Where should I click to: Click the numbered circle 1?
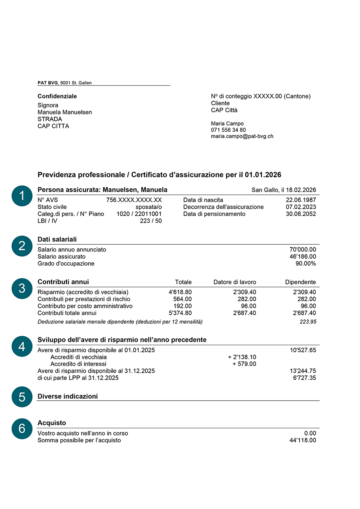tap(22, 196)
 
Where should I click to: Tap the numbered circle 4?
tap(22, 346)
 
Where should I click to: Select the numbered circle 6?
tap(22, 429)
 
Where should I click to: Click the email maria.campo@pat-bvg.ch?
tap(242, 136)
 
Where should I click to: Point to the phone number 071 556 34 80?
tap(228, 130)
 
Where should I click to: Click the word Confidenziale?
tap(57, 96)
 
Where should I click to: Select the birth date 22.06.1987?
tap(301, 200)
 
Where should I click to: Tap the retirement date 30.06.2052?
tap(301, 214)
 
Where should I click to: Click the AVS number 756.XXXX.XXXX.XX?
tap(134, 200)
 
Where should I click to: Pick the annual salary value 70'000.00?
tap(303, 250)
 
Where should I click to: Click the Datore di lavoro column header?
tap(235, 282)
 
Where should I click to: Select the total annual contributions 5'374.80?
tap(180, 313)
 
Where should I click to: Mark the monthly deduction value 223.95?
tap(308, 322)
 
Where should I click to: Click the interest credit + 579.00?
tap(244, 364)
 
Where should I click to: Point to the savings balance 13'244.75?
tap(303, 371)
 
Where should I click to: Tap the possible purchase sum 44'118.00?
tap(303, 440)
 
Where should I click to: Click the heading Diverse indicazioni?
tap(68, 396)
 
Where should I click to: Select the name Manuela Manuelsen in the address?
tap(65, 112)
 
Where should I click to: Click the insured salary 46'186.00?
tap(303, 256)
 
